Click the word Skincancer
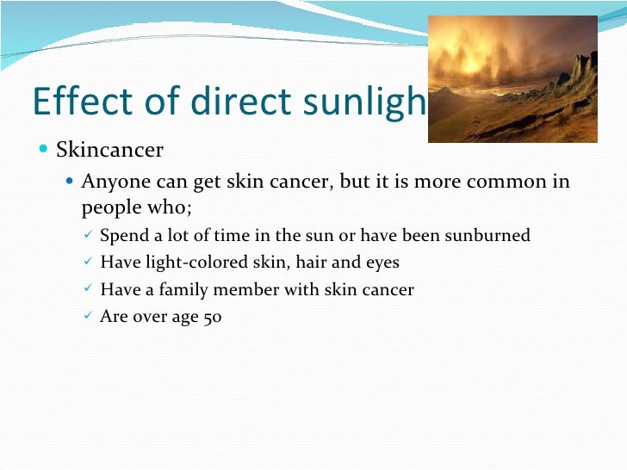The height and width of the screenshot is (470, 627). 109,151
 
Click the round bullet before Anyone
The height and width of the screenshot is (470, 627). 71,182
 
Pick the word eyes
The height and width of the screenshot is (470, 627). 381,263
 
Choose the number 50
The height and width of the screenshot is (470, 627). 212,317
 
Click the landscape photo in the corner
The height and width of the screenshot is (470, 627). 512,78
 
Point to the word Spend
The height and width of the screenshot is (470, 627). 124,236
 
